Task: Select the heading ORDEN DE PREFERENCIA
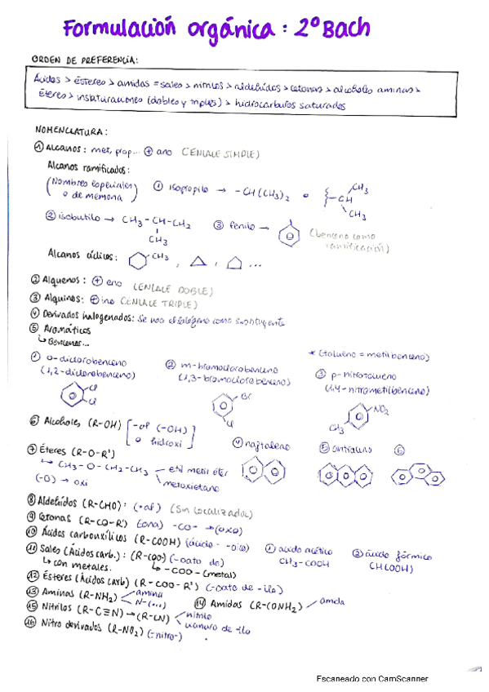(x=85, y=60)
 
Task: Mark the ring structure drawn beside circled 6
(x=416, y=475)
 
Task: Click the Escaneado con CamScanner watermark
(x=372, y=679)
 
